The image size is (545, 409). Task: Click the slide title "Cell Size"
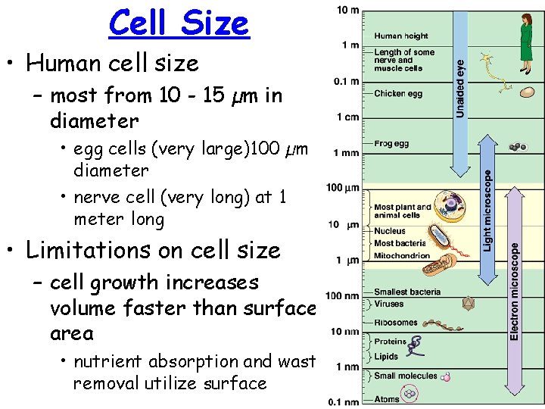[179, 23]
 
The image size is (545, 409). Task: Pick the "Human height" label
[401, 36]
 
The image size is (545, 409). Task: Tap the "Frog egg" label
[392, 143]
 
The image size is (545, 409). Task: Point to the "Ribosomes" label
[396, 322]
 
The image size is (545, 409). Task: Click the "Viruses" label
[389, 304]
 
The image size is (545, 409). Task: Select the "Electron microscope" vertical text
[515, 290]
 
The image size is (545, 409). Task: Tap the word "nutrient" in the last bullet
[111, 362]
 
